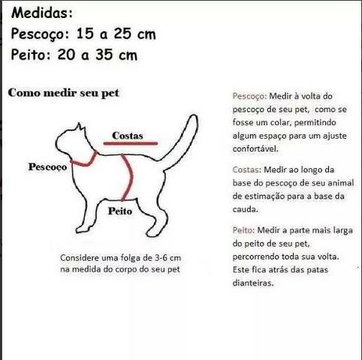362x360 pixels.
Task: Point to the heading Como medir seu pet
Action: (x=63, y=93)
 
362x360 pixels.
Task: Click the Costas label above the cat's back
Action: (x=127, y=135)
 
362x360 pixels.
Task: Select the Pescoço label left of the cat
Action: (x=47, y=166)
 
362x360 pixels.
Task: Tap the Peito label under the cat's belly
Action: (x=119, y=211)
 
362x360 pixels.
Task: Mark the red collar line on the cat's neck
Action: (x=83, y=160)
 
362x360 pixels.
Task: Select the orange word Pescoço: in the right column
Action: (x=251, y=97)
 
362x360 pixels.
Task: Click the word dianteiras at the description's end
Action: (x=254, y=283)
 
